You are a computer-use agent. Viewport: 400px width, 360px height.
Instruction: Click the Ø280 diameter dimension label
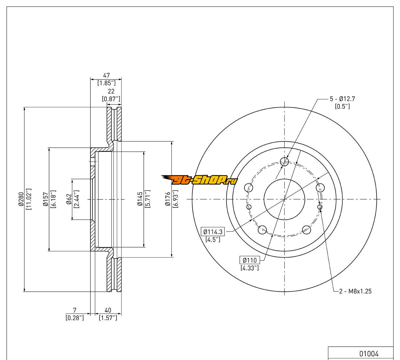[x=21, y=199]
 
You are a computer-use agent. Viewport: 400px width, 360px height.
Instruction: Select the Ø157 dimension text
[x=45, y=199]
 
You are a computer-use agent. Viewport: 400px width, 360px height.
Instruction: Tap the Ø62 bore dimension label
[x=69, y=199]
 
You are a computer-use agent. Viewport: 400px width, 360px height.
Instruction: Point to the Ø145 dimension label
[x=140, y=199]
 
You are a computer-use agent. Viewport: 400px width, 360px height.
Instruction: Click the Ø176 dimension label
[x=167, y=199]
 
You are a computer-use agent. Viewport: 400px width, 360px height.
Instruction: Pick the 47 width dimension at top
[x=106, y=75]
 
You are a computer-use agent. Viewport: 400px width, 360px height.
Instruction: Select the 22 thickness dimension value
[x=111, y=91]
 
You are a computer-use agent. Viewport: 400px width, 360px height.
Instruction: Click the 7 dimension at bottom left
[x=75, y=310]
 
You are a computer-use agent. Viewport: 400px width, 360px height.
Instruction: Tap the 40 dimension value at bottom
[x=108, y=310]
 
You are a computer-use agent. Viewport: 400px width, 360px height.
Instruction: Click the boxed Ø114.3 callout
[x=213, y=231]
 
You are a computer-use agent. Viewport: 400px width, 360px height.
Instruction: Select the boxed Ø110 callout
[x=250, y=260]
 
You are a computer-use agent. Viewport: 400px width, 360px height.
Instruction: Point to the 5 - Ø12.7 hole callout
[x=342, y=99]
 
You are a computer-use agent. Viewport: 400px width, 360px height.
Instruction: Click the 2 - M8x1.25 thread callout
[x=355, y=291]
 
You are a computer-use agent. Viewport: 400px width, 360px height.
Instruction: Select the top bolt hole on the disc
[x=285, y=161]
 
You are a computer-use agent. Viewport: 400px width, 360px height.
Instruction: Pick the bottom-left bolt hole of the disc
[x=262, y=229]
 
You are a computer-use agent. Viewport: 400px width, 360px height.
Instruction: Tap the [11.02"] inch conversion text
[x=29, y=199]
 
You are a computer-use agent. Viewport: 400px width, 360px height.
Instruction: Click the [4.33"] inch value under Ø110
[x=250, y=268]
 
